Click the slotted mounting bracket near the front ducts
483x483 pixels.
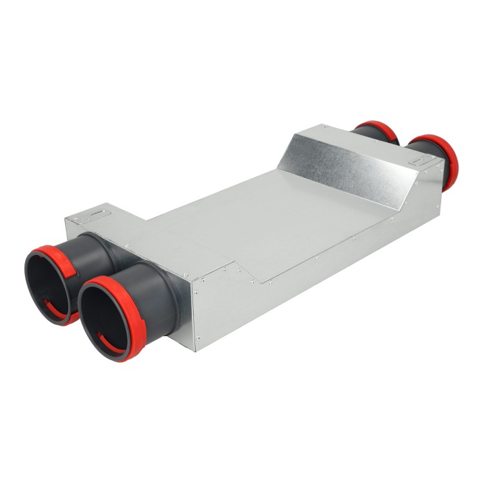97,212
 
